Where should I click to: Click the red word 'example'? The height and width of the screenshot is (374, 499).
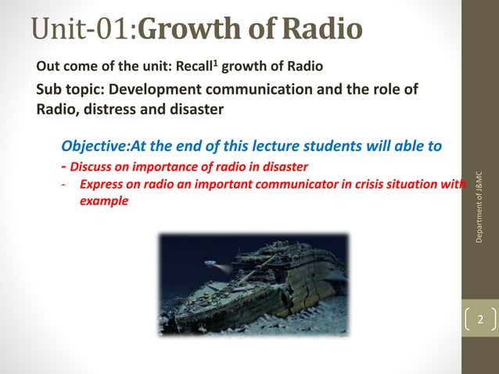pyautogui.click(x=104, y=201)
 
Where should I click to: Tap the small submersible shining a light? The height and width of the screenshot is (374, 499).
pyautogui.click(x=212, y=263)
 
